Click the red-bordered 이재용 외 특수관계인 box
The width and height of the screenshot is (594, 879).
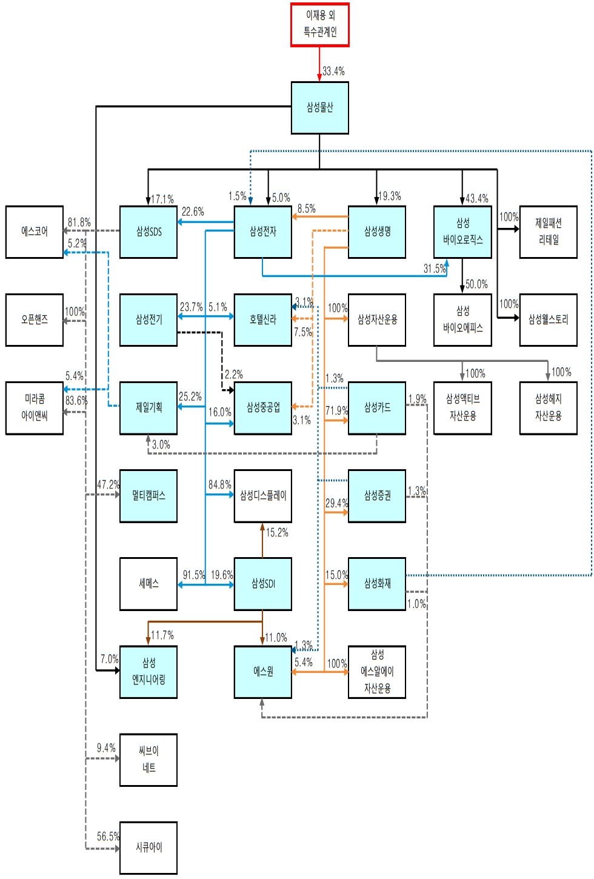click(319, 24)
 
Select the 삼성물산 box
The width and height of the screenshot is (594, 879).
click(319, 108)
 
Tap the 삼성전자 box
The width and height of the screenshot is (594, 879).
click(262, 232)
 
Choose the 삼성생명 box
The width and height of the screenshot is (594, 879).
click(376, 232)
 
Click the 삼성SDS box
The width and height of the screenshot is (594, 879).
click(148, 232)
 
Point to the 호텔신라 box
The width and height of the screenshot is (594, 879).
click(262, 319)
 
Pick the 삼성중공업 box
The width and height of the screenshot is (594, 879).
click(262, 407)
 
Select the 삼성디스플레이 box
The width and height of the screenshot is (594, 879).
click(262, 496)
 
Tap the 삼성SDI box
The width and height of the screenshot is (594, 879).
click(262, 584)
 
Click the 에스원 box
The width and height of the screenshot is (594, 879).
click(262, 672)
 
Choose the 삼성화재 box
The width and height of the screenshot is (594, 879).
click(376, 584)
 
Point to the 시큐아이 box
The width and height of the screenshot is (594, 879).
click(148, 847)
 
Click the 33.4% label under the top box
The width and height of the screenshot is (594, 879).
click(333, 72)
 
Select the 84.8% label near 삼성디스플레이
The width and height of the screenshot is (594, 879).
click(219, 485)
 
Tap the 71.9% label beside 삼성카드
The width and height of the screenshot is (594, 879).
click(336, 411)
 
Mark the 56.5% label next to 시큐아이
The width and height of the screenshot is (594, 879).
click(108, 837)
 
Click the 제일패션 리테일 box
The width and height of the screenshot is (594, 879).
click(548, 232)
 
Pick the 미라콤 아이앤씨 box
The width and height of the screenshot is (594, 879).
click(35, 407)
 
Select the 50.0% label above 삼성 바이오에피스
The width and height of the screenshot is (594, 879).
click(476, 284)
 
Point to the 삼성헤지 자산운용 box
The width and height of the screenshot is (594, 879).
click(548, 407)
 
